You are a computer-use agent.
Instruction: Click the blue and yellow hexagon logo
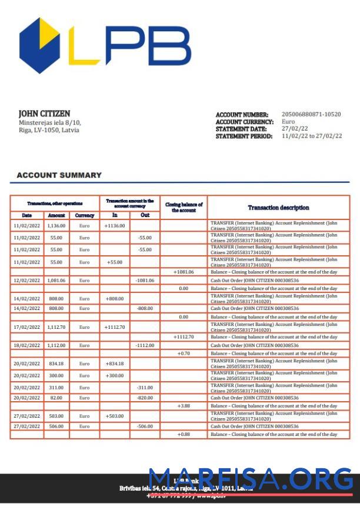(x=39, y=45)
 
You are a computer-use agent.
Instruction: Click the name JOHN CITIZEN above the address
(x=44, y=113)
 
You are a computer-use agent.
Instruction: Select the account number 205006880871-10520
(x=311, y=115)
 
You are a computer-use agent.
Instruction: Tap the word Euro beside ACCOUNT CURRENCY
(x=289, y=122)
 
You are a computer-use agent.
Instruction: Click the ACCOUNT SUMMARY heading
(x=59, y=175)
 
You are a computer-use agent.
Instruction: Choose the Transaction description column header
(x=278, y=208)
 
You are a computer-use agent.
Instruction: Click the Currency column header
(x=85, y=215)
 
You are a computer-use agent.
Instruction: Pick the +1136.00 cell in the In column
(x=115, y=225)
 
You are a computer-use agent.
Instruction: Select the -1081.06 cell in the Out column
(x=145, y=281)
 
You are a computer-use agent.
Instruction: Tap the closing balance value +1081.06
(x=184, y=272)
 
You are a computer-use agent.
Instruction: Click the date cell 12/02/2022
(x=27, y=281)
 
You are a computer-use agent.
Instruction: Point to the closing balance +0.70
(x=184, y=354)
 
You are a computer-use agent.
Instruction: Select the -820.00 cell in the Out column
(x=145, y=398)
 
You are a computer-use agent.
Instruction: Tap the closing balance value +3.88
(x=184, y=406)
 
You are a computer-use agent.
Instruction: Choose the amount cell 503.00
(x=56, y=416)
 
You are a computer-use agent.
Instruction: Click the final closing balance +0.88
(x=184, y=434)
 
